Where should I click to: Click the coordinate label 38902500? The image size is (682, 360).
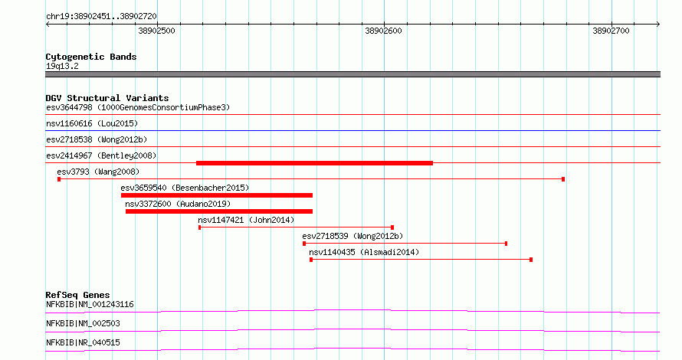[x=157, y=31]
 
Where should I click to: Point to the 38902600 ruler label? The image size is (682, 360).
[x=383, y=31]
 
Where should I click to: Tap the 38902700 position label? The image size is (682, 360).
[x=611, y=31]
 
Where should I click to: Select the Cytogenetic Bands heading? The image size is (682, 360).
[x=91, y=57]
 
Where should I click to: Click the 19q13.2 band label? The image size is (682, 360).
[x=62, y=66]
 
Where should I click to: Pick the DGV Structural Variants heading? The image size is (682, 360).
[x=107, y=98]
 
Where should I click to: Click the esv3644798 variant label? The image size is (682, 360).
[x=138, y=107]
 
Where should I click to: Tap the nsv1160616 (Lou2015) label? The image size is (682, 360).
[x=92, y=123]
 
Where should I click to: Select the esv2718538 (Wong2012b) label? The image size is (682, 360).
[x=97, y=139]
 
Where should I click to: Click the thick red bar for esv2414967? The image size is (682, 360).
[x=314, y=163]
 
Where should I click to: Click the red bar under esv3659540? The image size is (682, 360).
[x=217, y=195]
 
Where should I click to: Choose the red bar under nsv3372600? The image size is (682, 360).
[x=219, y=211]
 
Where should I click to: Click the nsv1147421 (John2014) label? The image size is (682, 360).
[x=246, y=220]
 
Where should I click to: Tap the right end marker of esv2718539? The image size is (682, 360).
[x=507, y=244]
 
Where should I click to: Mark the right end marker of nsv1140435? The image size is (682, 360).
[x=531, y=260]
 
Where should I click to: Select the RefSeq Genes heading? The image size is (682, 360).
[x=77, y=295]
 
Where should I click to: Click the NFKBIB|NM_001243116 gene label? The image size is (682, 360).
[x=90, y=304]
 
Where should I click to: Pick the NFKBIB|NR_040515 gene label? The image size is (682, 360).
[x=83, y=342]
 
